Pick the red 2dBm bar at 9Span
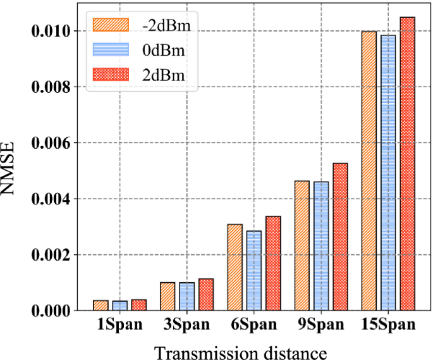(341, 237)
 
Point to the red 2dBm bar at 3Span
(206, 295)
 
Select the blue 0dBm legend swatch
(111, 49)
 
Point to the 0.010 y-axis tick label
(52, 30)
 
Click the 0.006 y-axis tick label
(52, 142)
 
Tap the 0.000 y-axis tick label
(52, 311)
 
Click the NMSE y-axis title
(13, 170)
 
